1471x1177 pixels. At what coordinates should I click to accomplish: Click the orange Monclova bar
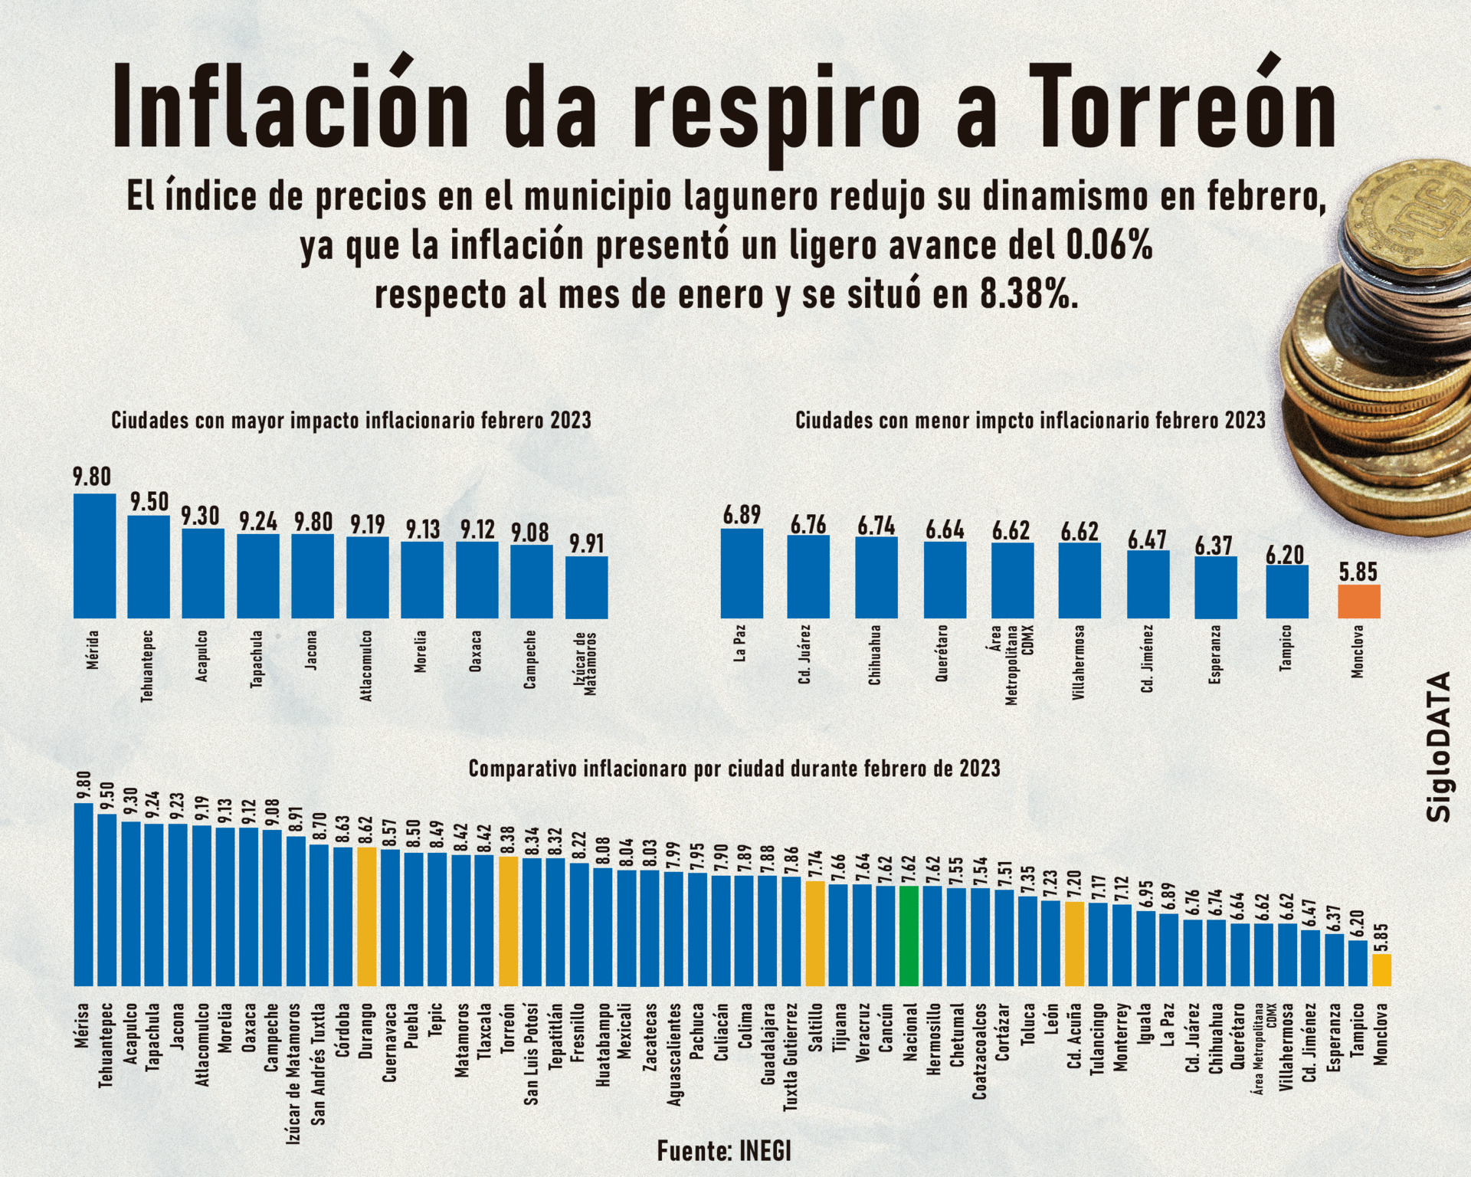(x=1358, y=602)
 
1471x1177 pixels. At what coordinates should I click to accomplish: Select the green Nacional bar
(x=909, y=936)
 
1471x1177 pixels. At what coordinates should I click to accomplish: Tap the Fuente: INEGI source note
(x=724, y=1150)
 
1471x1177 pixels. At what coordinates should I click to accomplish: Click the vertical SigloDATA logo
(x=1440, y=746)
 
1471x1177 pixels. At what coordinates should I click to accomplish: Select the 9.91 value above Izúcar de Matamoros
(x=587, y=543)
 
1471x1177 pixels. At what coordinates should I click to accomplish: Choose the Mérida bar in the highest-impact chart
(x=95, y=556)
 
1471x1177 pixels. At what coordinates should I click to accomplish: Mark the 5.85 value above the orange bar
(x=1358, y=572)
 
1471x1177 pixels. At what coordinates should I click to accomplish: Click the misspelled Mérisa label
(x=83, y=1025)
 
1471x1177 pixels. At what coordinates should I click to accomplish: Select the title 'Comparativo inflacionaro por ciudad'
(x=734, y=768)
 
